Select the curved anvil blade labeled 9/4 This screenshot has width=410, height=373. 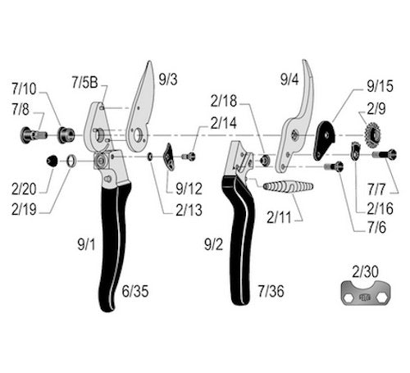[298, 123]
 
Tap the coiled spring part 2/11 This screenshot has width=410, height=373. [288, 187]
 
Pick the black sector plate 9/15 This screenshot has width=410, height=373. [324, 140]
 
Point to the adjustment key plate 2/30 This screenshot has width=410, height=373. [366, 293]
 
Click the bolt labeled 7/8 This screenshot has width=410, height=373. [34, 135]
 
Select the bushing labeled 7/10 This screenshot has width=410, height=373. [66, 134]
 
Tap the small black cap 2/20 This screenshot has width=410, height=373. [52, 161]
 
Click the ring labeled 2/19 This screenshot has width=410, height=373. [71, 161]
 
